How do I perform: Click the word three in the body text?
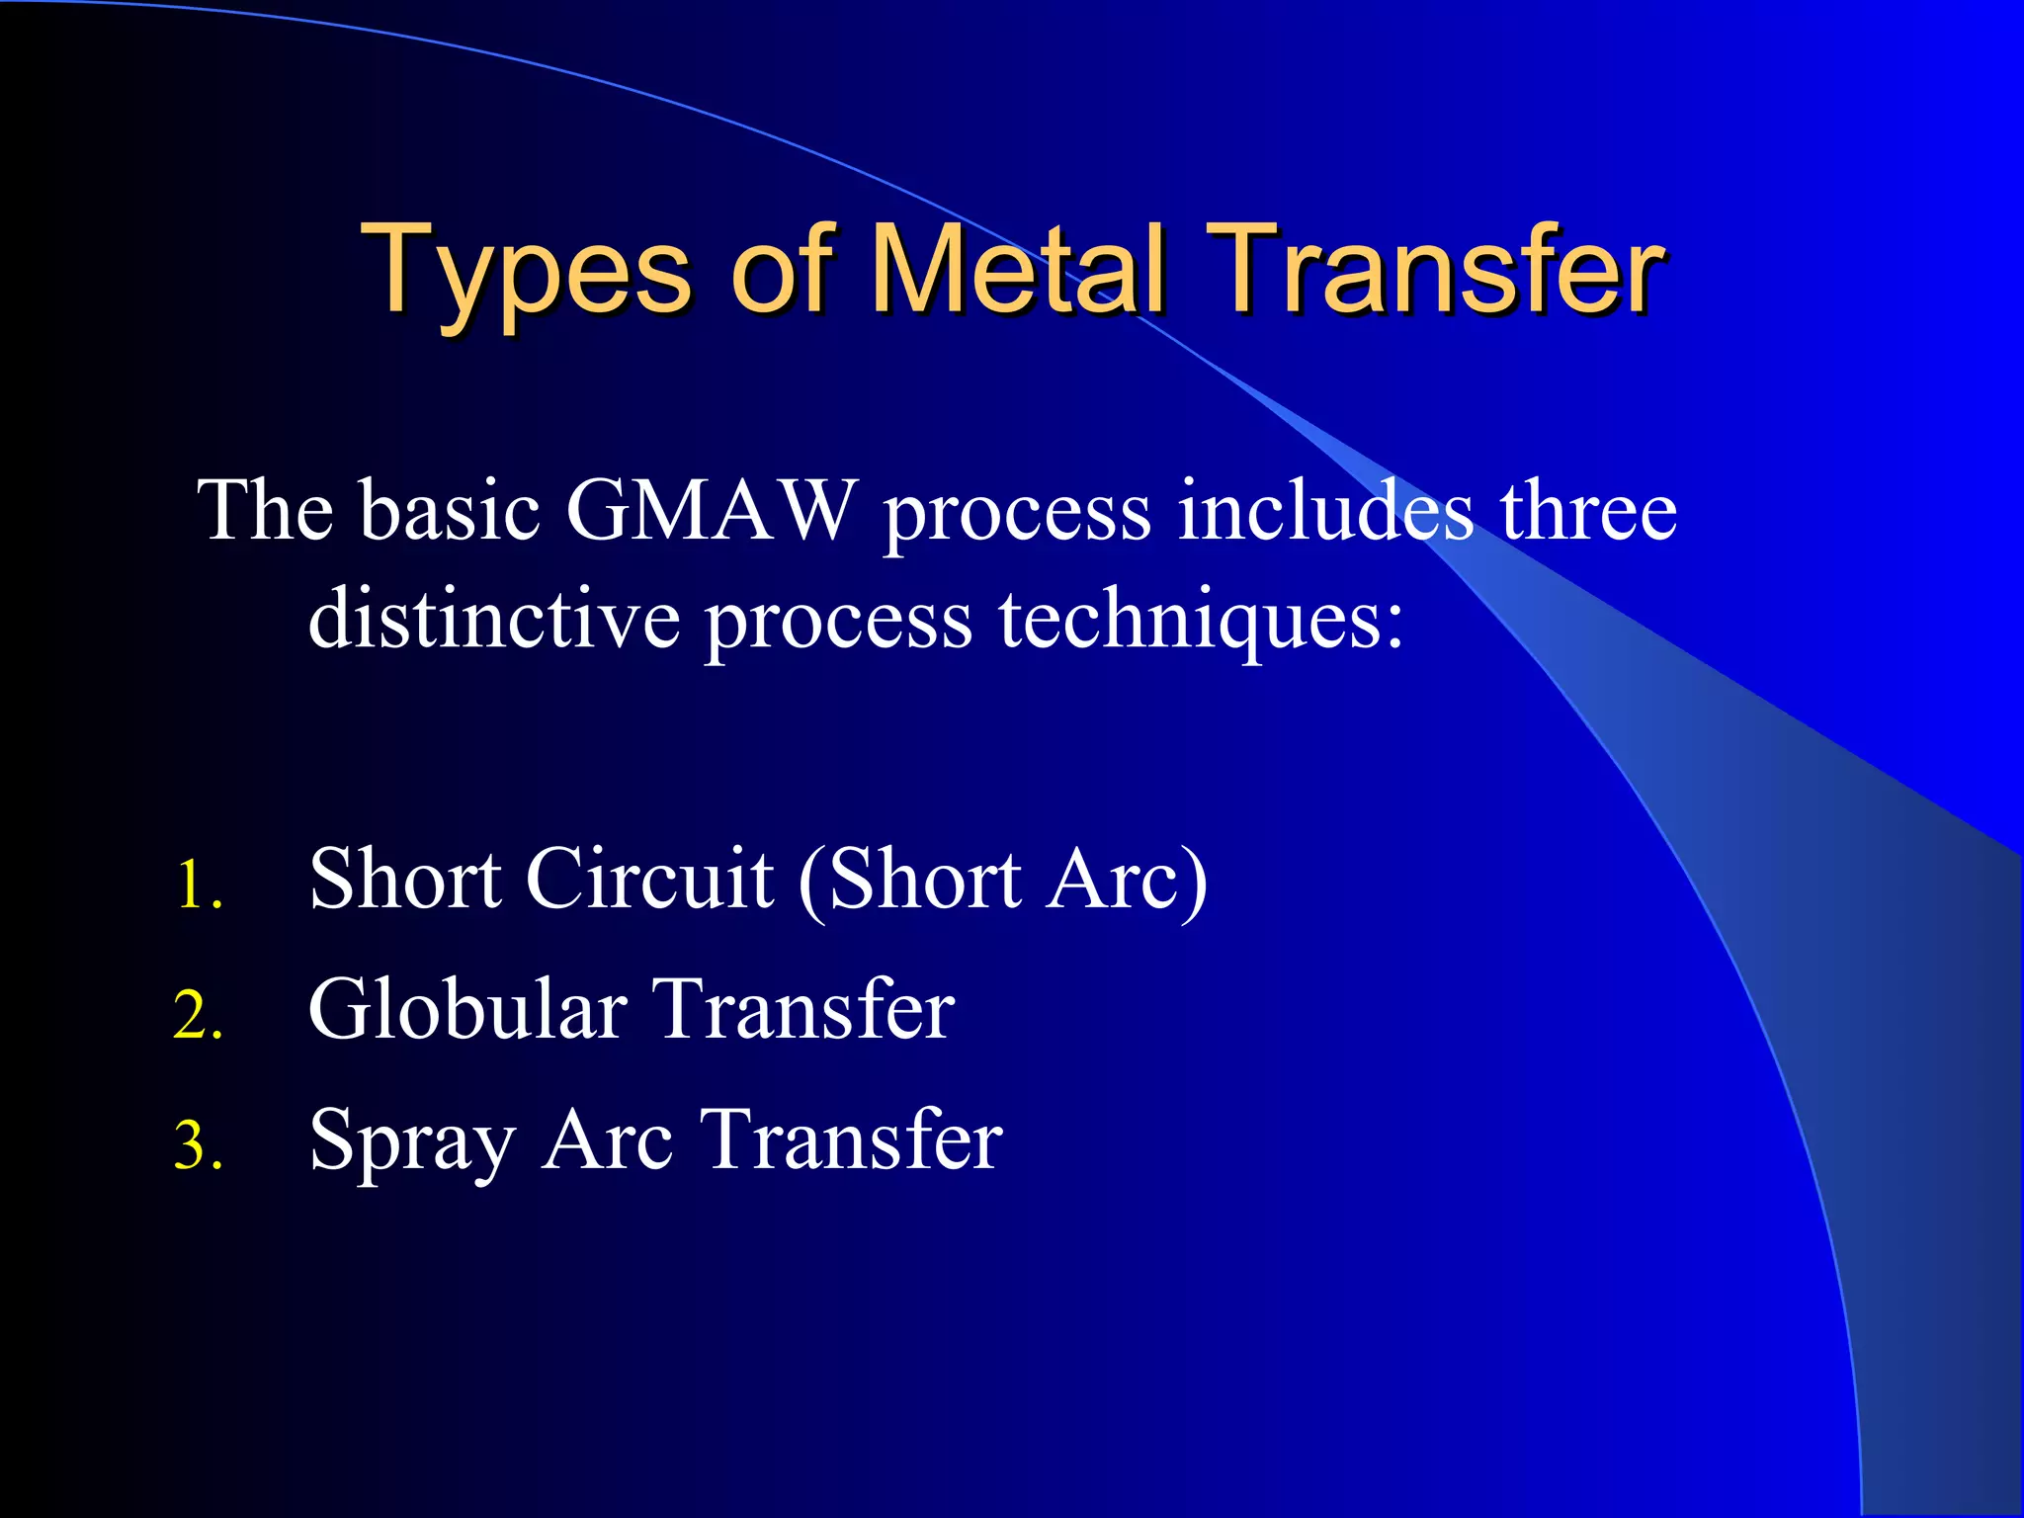tap(1587, 511)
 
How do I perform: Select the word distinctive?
tap(494, 620)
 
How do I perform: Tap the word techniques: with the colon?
tap(1201, 620)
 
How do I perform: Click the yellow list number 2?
tap(198, 1015)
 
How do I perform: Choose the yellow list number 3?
tap(198, 1145)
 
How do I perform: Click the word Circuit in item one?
tap(649, 879)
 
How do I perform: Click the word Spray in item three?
tap(412, 1141)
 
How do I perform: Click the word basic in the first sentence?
tap(450, 511)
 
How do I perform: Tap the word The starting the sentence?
tap(266, 511)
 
